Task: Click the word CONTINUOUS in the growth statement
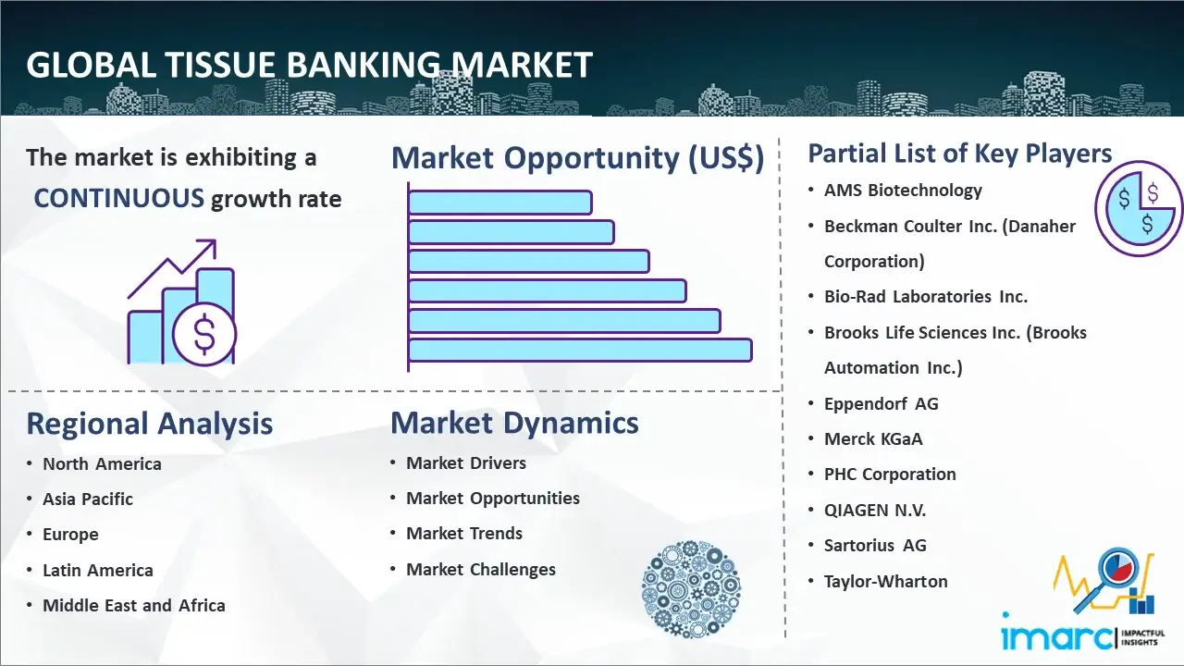point(119,199)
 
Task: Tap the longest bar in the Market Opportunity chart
point(580,350)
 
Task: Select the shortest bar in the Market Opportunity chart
point(499,203)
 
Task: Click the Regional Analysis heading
point(150,424)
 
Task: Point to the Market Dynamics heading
point(514,423)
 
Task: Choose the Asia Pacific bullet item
point(88,499)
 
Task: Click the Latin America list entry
point(98,571)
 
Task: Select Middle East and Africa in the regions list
point(134,605)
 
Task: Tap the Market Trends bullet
point(464,534)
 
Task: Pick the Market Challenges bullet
point(481,569)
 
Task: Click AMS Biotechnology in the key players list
point(903,191)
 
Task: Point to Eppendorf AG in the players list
point(882,404)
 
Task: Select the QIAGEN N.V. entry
point(875,510)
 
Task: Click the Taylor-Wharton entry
point(886,582)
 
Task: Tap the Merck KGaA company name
point(873,438)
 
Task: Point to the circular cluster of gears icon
point(691,589)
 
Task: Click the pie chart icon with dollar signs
point(1139,209)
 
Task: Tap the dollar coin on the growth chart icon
point(204,334)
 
